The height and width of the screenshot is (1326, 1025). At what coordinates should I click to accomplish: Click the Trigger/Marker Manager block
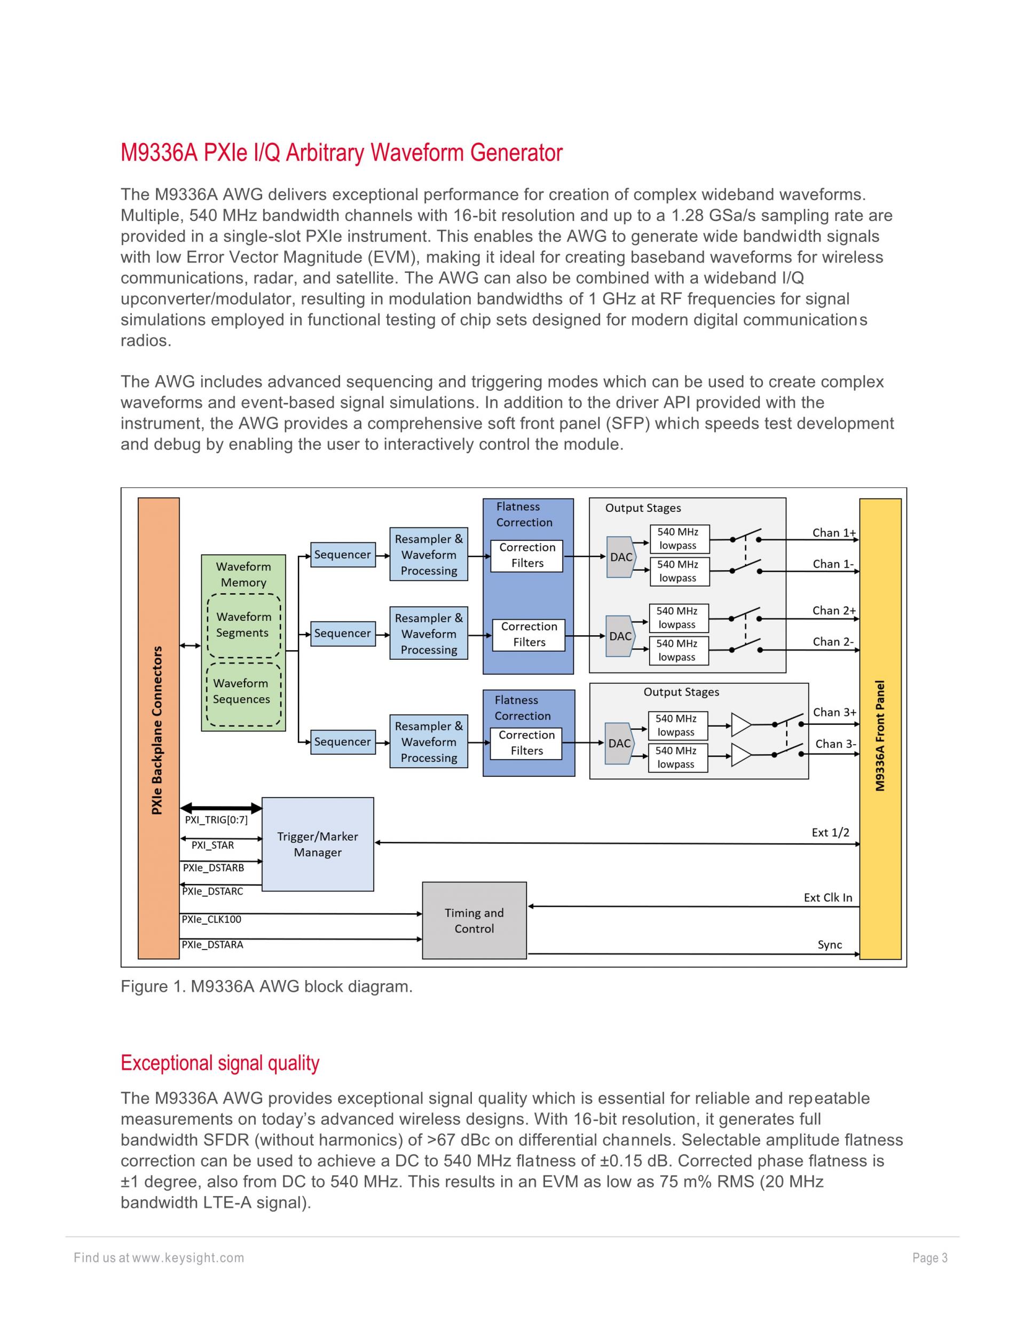(318, 844)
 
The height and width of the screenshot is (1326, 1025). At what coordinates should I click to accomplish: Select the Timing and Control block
(474, 920)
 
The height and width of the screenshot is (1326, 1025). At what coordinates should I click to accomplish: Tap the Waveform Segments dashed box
(244, 625)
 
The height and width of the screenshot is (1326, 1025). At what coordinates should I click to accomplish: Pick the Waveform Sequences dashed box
(243, 693)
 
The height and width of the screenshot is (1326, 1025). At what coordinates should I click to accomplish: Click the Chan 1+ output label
(834, 533)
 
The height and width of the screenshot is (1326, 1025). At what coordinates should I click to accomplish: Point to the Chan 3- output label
(835, 744)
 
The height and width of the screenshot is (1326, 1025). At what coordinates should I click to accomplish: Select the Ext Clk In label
(827, 897)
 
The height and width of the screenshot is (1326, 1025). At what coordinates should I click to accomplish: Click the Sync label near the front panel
(830, 945)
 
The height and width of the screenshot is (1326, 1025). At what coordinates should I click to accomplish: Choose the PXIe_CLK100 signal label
(212, 919)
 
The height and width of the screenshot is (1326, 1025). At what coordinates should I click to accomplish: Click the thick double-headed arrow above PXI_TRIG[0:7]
(221, 808)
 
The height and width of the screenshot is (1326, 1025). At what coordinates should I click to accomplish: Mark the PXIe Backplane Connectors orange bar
(159, 728)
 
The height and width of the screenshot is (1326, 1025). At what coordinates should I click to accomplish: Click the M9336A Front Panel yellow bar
(880, 728)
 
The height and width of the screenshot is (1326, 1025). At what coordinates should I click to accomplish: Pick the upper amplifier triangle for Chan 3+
(741, 724)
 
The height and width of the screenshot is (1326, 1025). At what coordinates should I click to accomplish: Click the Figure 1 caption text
(266, 986)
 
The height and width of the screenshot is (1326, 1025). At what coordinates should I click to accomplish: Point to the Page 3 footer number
(929, 1258)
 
